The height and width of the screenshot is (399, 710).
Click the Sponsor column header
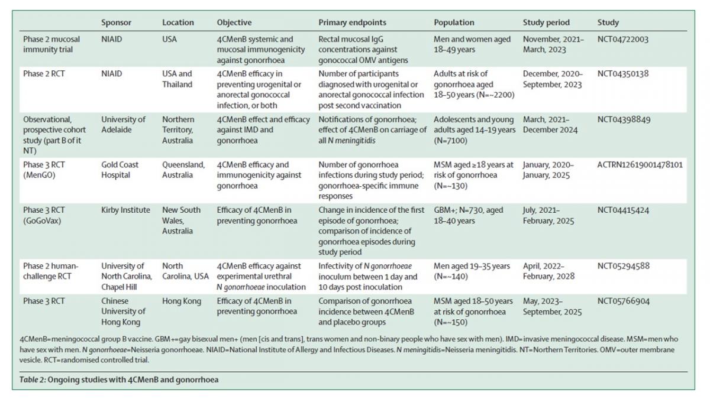tap(116, 22)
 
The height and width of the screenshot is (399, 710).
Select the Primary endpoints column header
tap(352, 22)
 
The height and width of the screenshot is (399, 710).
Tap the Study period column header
tap(546, 22)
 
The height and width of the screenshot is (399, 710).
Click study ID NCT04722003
tap(624, 40)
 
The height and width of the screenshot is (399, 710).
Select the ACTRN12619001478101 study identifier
tap(640, 164)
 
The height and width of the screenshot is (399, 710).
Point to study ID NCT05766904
tap(624, 301)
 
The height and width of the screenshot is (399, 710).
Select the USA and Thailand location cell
tap(177, 79)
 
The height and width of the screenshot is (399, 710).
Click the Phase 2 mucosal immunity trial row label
tap(51, 44)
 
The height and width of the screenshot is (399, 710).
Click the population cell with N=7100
tap(475, 129)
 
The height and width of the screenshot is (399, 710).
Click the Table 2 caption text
tap(119, 380)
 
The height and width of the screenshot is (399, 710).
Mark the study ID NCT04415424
tap(624, 210)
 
